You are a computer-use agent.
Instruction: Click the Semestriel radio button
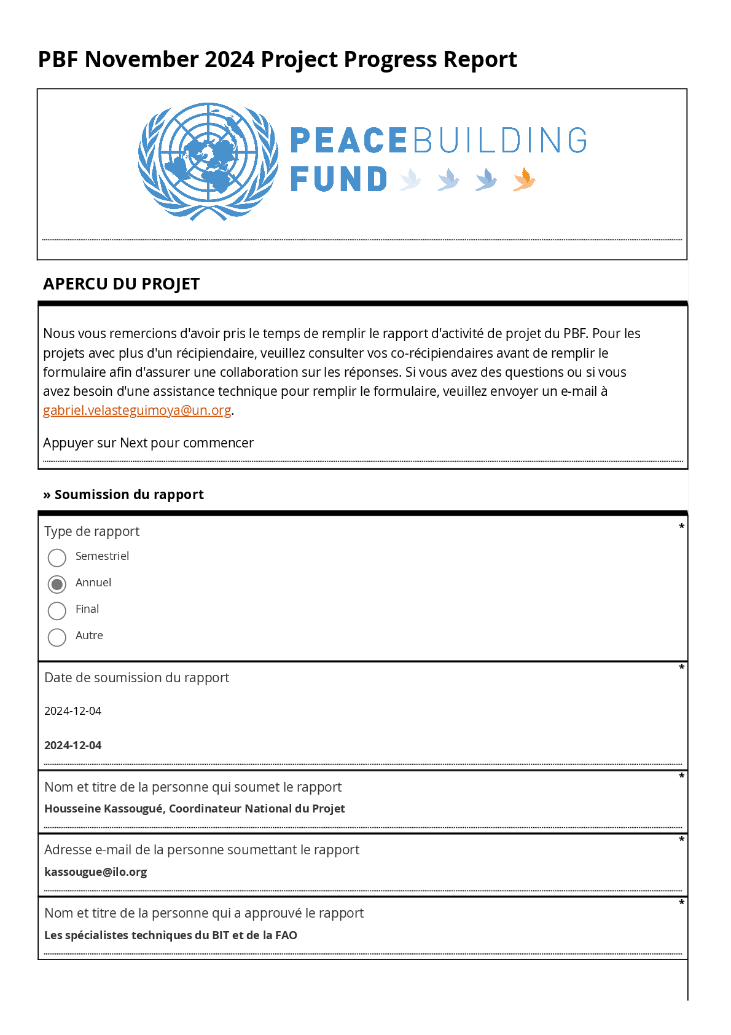(57, 557)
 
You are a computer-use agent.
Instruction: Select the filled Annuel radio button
(57, 584)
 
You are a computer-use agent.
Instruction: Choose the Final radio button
(57, 610)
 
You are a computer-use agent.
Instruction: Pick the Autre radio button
(57, 637)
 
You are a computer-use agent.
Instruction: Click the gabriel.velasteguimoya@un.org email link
(137, 411)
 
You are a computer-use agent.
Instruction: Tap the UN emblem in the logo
(208, 161)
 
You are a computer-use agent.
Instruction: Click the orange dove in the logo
(524, 179)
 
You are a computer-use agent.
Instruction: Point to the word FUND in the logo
(338, 179)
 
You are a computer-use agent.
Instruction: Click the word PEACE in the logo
(348, 141)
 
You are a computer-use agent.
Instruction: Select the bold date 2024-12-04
(72, 746)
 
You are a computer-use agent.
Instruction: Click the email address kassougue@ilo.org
(95, 872)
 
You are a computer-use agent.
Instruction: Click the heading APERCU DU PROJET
(121, 284)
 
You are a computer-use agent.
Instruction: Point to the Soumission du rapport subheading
(128, 495)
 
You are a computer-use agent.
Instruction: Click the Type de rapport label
(92, 532)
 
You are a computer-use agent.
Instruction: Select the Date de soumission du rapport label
(136, 678)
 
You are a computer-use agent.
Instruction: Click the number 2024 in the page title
(229, 60)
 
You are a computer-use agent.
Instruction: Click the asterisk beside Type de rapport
(681, 527)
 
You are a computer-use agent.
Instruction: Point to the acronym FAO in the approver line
(286, 935)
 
